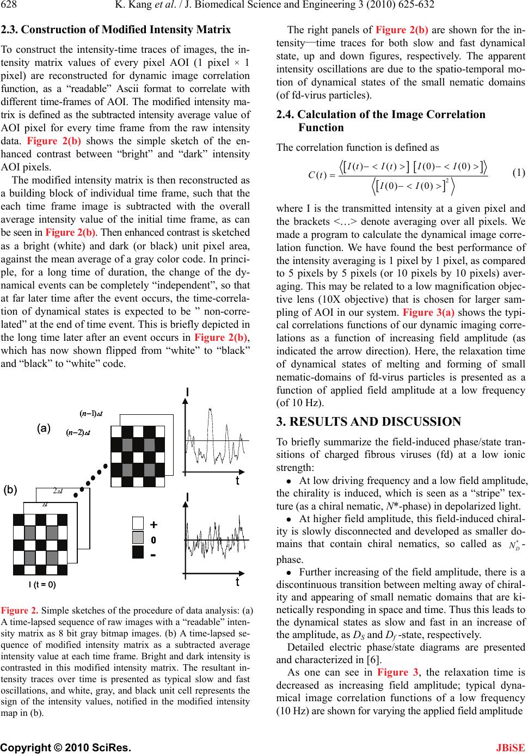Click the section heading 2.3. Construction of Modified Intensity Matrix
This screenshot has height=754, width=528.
(x=116, y=30)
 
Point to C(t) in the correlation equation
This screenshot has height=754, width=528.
(x=317, y=175)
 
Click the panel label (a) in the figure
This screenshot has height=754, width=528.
(x=44, y=428)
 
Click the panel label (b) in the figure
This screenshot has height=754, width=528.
(x=11, y=489)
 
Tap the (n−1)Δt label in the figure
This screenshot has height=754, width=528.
(x=92, y=414)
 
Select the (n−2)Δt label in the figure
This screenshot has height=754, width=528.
(x=78, y=433)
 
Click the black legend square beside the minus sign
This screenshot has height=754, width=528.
(x=138, y=552)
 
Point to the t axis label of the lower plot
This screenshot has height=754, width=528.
(x=237, y=582)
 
